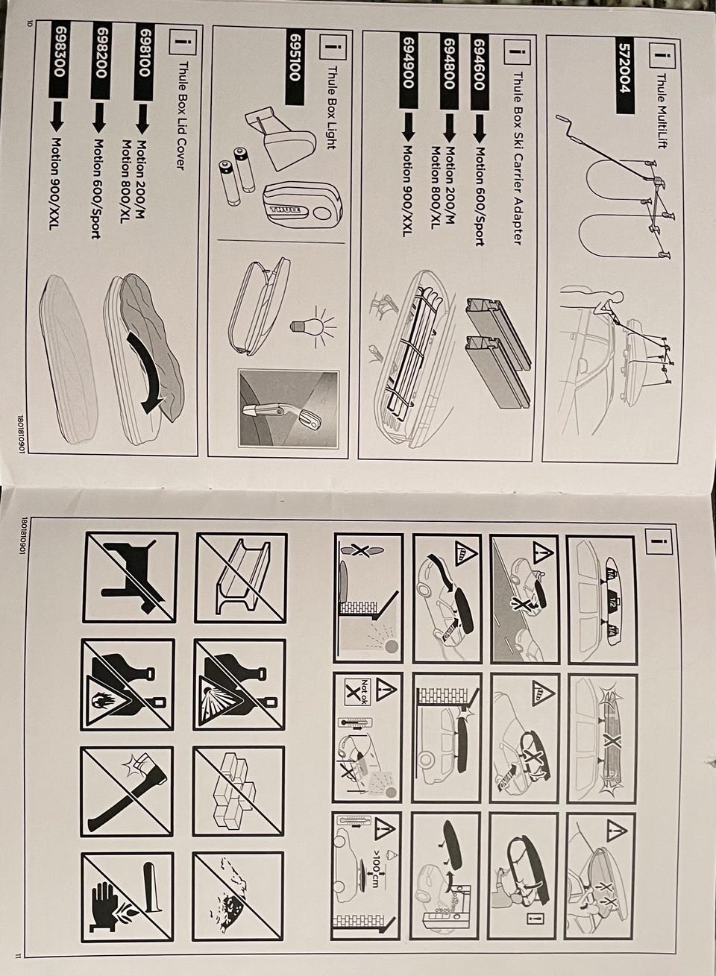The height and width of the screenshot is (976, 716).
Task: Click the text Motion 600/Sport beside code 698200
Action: click(100, 188)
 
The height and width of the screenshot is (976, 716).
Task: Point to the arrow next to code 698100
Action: click(143, 119)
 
